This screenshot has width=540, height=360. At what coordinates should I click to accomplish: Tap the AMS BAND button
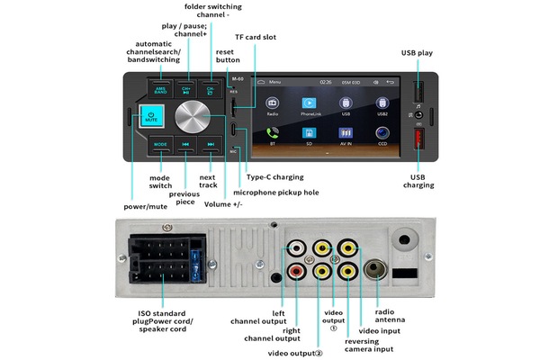pyautogui.click(x=161, y=90)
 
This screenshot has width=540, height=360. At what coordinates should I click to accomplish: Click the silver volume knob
pyautogui.click(x=197, y=118)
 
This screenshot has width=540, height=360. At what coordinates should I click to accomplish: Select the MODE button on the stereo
pyautogui.click(x=161, y=144)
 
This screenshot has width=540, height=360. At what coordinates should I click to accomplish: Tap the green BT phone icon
pyautogui.click(x=271, y=133)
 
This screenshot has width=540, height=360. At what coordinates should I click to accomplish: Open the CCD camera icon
pyautogui.click(x=382, y=133)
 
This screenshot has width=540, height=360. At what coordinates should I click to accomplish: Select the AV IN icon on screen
pyautogui.click(x=345, y=133)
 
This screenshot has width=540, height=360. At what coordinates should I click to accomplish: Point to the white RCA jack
pyautogui.click(x=296, y=247)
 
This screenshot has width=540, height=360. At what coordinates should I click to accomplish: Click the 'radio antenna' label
pyautogui.click(x=391, y=315)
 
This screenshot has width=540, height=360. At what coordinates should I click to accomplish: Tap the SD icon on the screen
pyautogui.click(x=308, y=133)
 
